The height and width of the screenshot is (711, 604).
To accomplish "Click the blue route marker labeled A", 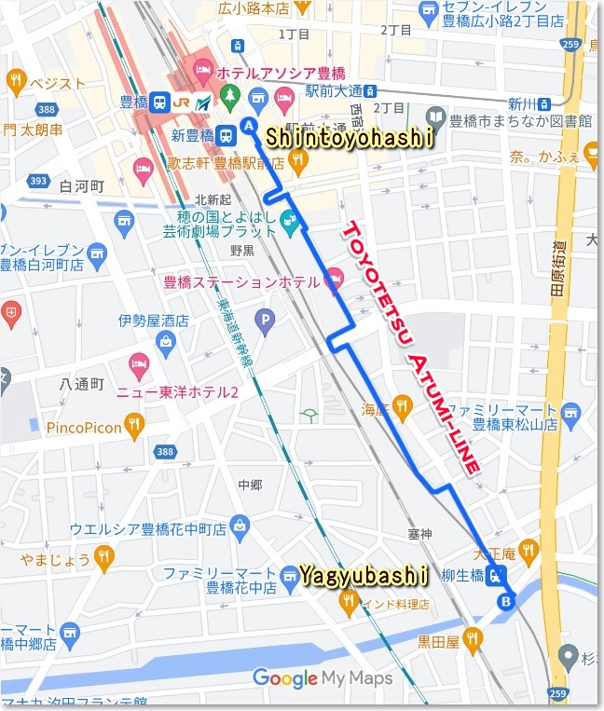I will tap(249, 125).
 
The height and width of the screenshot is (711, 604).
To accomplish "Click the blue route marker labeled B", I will tap(506, 601).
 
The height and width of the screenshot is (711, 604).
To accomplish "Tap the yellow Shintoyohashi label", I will tap(350, 138).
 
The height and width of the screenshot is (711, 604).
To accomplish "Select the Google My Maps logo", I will tap(323, 678).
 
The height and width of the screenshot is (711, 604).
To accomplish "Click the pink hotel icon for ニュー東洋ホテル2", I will tap(139, 362).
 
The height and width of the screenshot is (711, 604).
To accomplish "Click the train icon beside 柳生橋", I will tap(498, 576).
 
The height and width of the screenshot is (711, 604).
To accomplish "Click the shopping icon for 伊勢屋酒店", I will tap(165, 341).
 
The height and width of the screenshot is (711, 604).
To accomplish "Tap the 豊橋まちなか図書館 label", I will tap(520, 120).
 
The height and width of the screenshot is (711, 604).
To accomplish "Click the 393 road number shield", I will tap(37, 180).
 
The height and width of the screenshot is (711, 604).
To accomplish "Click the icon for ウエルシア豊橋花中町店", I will tap(240, 527).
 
